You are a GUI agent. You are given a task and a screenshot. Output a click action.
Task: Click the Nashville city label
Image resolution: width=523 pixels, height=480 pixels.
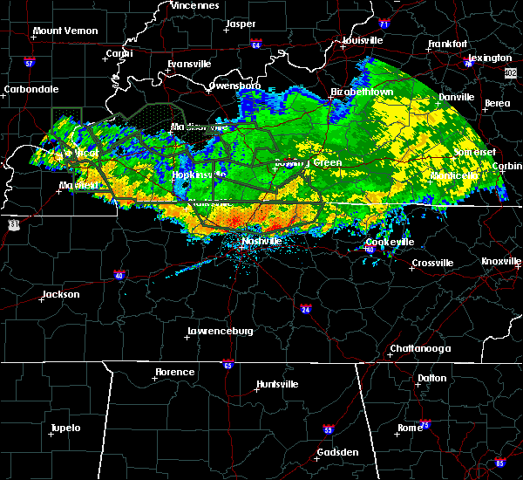pyautogui.click(x=261, y=240)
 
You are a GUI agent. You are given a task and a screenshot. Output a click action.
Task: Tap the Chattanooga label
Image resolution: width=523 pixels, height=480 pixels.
pyautogui.click(x=419, y=348)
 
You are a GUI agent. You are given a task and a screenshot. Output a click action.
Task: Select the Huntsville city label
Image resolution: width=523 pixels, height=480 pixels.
pyautogui.click(x=277, y=384)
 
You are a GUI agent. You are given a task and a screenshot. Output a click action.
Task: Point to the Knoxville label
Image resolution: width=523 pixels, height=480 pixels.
pyautogui.click(x=501, y=262)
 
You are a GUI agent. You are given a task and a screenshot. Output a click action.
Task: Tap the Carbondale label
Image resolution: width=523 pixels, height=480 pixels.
pyautogui.click(x=31, y=89)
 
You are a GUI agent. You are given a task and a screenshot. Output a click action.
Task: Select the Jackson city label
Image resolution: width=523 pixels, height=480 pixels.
pyautogui.click(x=60, y=294)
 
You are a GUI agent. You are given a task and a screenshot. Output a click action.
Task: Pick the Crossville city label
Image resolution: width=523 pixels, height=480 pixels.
pyautogui.click(x=432, y=263)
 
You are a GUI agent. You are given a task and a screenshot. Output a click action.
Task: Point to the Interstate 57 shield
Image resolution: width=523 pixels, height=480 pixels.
pyautogui.click(x=29, y=63)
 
